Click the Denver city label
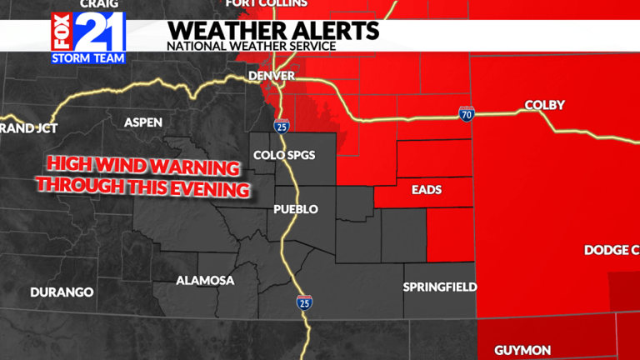click(272, 77)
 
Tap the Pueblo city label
click(296, 209)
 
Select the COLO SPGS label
click(284, 155)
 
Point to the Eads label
click(427, 190)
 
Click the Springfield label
click(440, 287)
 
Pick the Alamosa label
click(205, 281)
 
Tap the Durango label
click(62, 292)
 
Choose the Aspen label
click(143, 122)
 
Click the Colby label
click(544, 105)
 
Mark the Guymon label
click(522, 350)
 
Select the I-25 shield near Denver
click(280, 126)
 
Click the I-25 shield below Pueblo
click(304, 302)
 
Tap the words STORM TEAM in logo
click(88, 58)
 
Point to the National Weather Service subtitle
click(251, 46)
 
